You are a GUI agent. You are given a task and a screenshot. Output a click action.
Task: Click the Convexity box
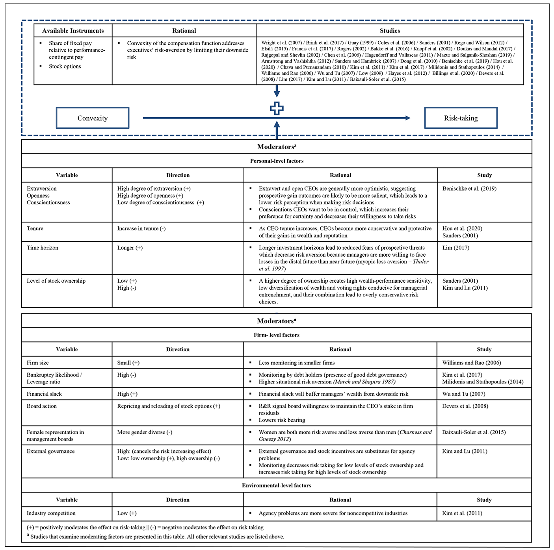(93, 118)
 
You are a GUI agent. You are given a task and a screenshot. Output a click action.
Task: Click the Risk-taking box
(461, 118)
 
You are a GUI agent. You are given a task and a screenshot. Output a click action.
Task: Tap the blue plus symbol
(277, 109)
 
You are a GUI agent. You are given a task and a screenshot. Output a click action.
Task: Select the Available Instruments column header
(73, 31)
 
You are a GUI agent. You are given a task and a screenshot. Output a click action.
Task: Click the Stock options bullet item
(65, 67)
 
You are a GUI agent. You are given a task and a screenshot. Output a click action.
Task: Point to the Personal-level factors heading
(277, 161)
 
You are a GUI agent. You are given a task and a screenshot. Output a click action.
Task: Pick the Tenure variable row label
(35, 228)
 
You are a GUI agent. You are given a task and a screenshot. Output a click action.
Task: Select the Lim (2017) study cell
(456, 248)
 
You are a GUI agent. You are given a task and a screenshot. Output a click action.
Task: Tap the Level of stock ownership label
(56, 281)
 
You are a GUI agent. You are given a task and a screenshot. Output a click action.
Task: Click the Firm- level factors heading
(277, 335)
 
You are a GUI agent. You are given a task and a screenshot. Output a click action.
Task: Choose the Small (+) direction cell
(128, 363)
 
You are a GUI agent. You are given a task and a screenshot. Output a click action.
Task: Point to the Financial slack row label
(44, 394)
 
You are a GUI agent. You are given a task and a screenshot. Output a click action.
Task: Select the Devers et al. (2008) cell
(465, 406)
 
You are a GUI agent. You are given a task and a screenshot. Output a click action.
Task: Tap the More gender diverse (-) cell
(145, 432)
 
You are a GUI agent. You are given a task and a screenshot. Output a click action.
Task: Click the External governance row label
(50, 451)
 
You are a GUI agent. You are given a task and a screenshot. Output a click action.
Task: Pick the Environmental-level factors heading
(277, 485)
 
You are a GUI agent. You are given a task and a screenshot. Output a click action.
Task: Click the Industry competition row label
(51, 513)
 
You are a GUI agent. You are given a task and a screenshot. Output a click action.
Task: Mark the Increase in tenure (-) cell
(141, 228)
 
